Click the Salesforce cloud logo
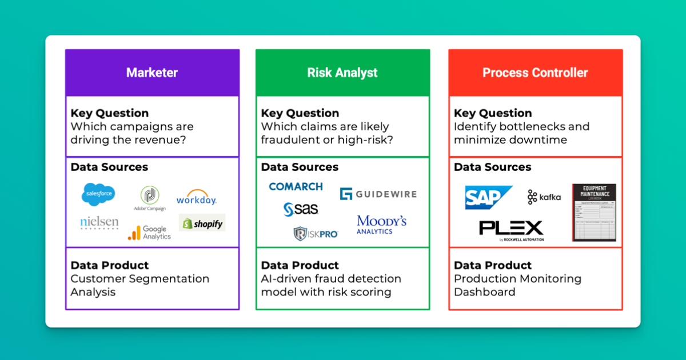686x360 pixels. pyautogui.click(x=98, y=194)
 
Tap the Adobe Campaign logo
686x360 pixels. pyautogui.click(x=150, y=198)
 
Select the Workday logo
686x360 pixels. pyautogui.click(x=196, y=198)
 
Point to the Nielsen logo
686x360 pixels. pyautogui.click(x=99, y=223)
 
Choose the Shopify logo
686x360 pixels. pyautogui.click(x=202, y=223)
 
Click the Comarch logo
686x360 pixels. pyautogui.click(x=296, y=186)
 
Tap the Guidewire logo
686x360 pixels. pyautogui.click(x=378, y=194)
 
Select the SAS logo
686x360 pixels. pyautogui.click(x=301, y=210)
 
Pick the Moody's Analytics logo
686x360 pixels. pyautogui.click(x=381, y=224)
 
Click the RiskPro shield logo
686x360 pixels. pyautogui.click(x=316, y=233)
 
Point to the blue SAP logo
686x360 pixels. pyautogui.click(x=488, y=197)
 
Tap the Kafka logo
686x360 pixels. pyautogui.click(x=544, y=197)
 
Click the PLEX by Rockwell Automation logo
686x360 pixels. pyautogui.click(x=511, y=230)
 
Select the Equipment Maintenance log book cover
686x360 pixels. pyautogui.click(x=594, y=213)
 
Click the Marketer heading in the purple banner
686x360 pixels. pyautogui.click(x=152, y=73)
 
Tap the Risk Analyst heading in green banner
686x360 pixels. pyautogui.click(x=342, y=73)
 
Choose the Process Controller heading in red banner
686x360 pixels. pyautogui.click(x=535, y=73)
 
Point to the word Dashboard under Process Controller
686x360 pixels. pyautogui.click(x=484, y=292)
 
